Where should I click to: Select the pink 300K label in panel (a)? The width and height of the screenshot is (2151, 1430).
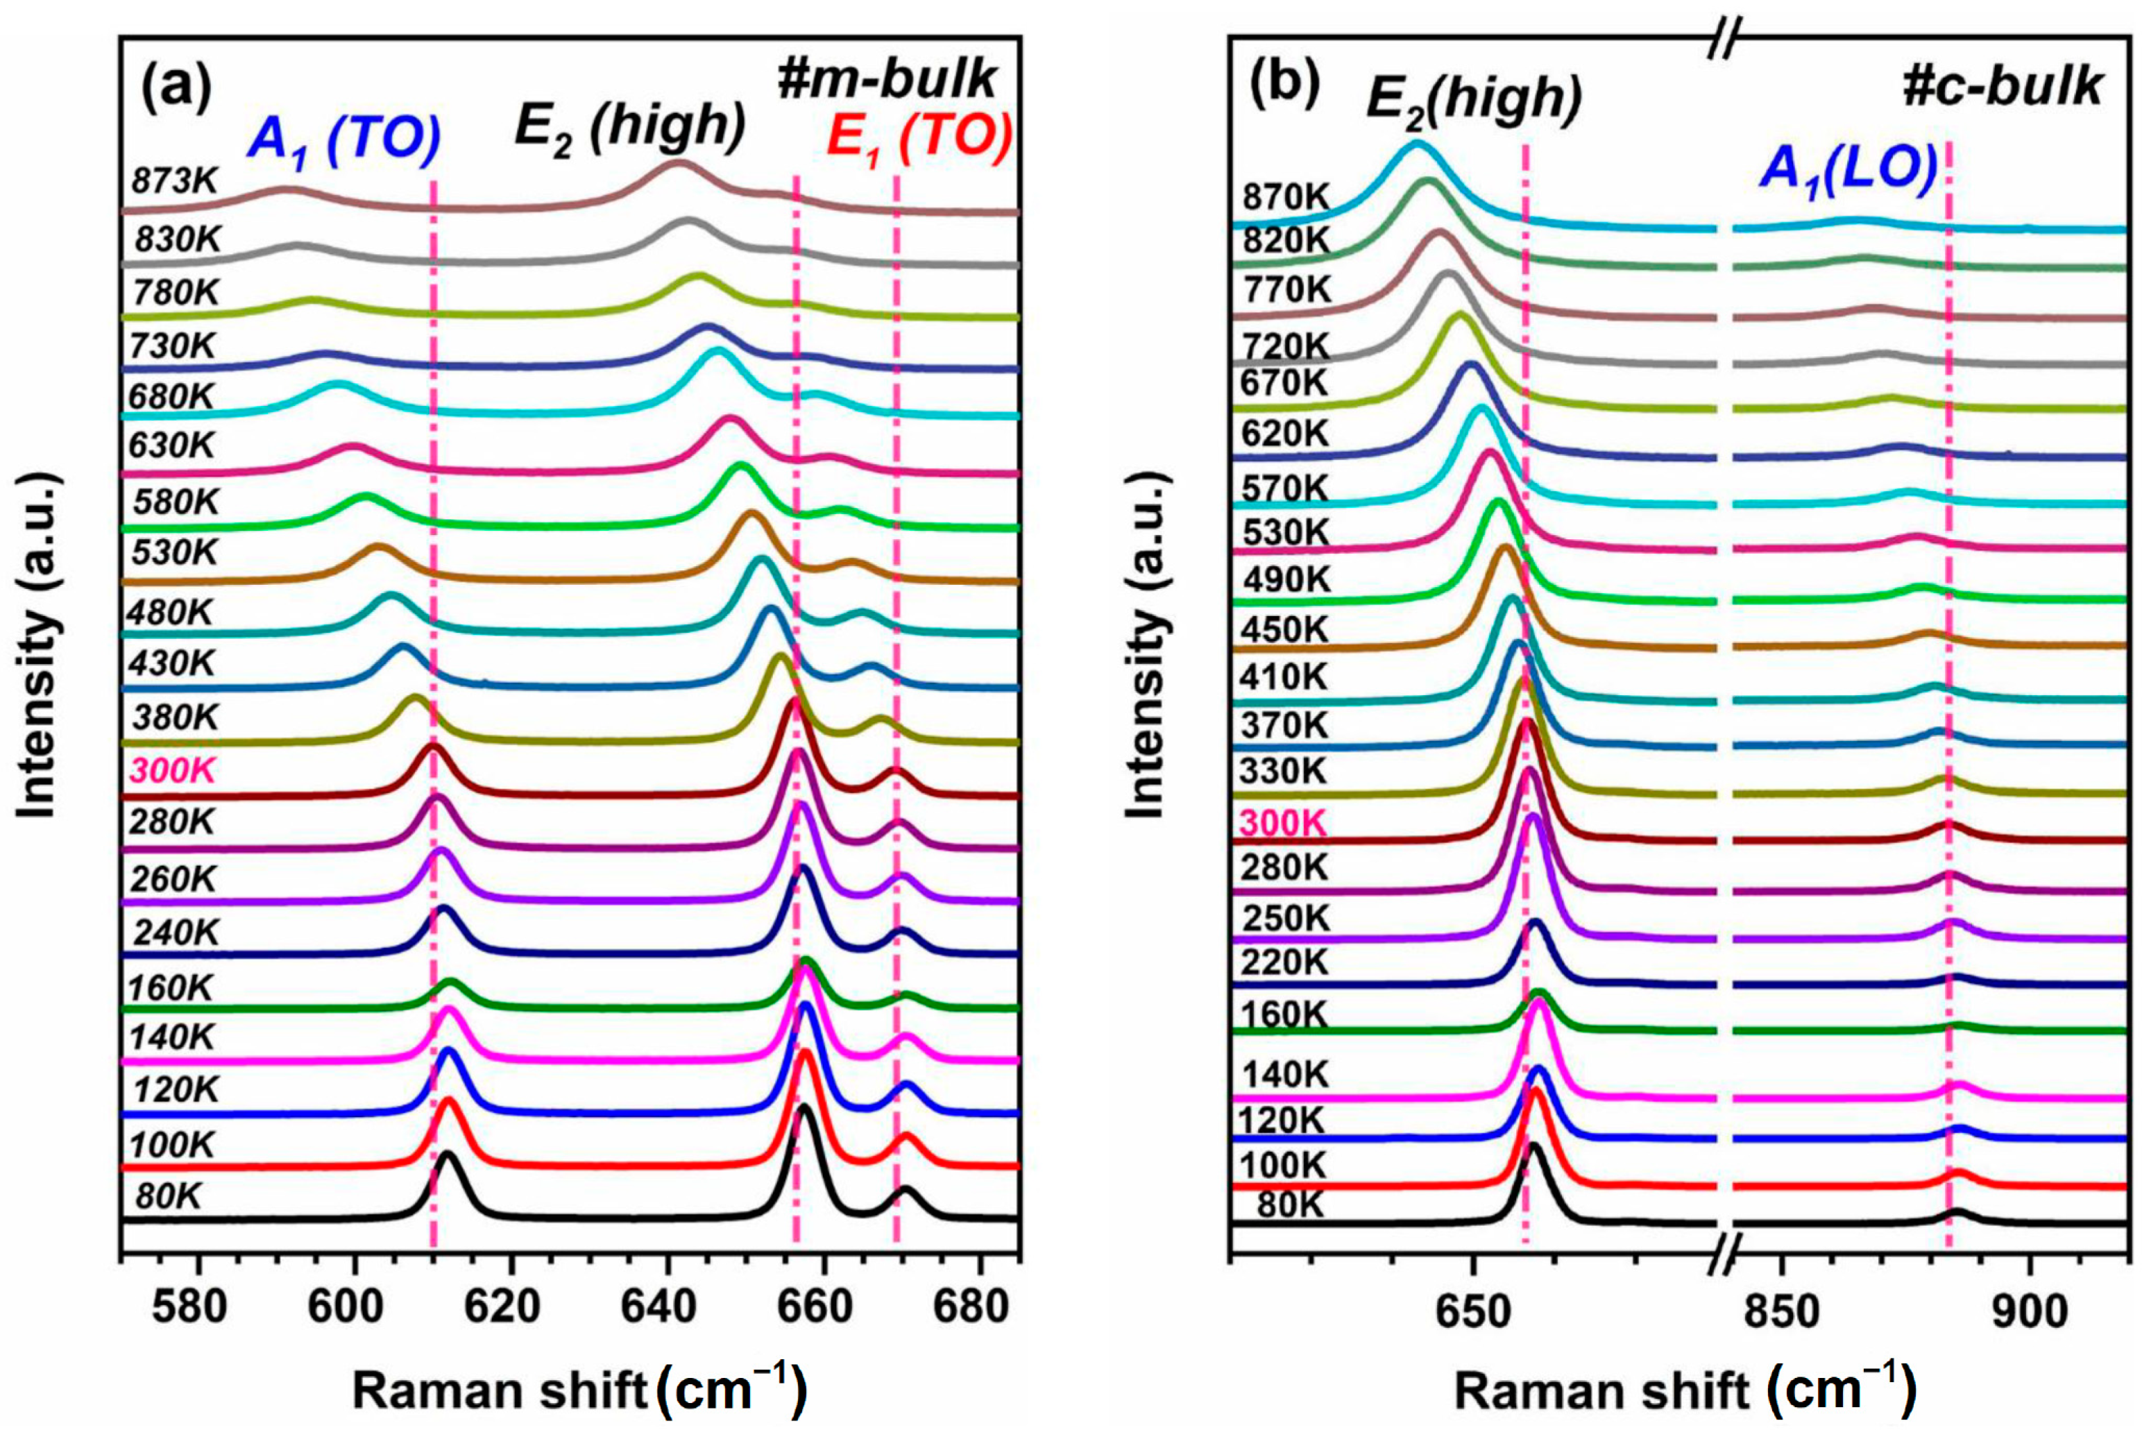pos(173,772)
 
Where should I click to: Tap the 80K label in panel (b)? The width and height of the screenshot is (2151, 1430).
pos(1289,1205)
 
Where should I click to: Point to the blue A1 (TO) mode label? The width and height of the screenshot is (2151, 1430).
pos(345,142)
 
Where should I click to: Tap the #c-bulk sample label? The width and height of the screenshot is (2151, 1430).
pos(2003,87)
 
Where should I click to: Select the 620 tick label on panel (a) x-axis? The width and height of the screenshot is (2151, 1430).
pos(511,1307)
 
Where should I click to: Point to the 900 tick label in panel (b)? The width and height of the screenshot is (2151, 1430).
pos(2030,1311)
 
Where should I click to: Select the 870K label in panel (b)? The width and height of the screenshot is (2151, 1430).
pos(1286,197)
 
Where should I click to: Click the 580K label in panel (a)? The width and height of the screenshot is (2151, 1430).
pos(175,502)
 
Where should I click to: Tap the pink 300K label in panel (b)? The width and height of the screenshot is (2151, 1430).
pos(1284,823)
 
